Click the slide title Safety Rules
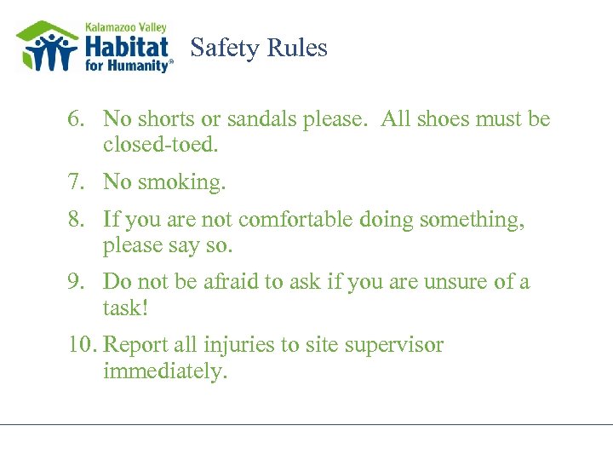point(259,48)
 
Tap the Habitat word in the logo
point(127,44)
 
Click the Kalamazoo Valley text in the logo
point(126,25)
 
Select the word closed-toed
point(161,145)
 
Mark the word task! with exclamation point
point(126,308)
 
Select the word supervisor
point(396,346)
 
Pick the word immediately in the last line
point(165,371)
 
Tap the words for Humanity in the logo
point(128,65)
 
